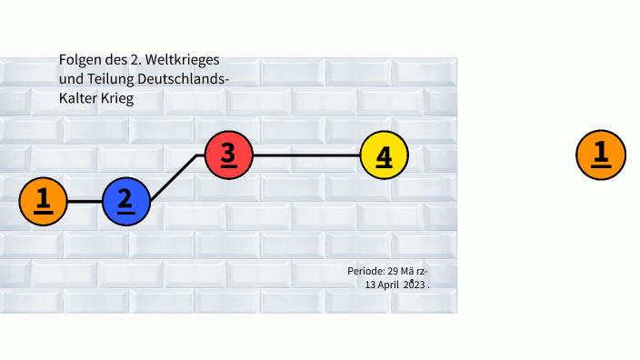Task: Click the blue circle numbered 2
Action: coord(125,201)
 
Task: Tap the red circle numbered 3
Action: coord(228,155)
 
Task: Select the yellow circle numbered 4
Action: coord(384,155)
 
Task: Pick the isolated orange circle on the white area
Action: coord(600,154)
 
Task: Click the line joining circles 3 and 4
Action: coord(305,155)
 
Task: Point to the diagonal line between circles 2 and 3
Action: coord(175,177)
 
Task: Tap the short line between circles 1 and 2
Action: coord(84,201)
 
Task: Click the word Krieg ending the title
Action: coord(117,98)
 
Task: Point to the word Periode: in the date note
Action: coord(366,271)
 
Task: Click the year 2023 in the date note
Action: coord(414,284)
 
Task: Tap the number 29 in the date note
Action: coord(394,271)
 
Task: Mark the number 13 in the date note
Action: coord(370,284)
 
